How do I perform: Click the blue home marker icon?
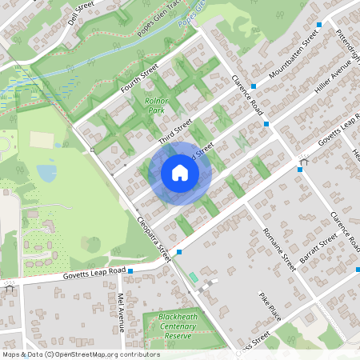[180, 173]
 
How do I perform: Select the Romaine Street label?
[279, 250]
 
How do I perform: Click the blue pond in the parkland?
[46, 172]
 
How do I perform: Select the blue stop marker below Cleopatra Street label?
[178, 252]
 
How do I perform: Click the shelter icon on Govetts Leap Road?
[302, 162]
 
